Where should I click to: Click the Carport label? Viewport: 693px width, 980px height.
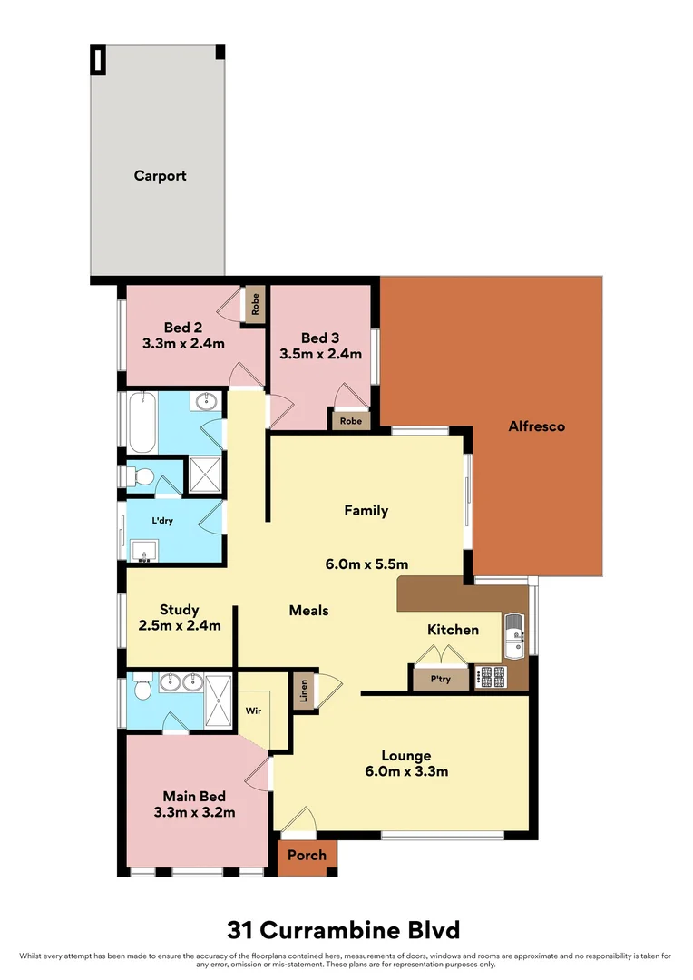(160, 176)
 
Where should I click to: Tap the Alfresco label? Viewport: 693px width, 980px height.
(536, 426)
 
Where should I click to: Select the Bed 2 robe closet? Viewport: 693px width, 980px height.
(256, 304)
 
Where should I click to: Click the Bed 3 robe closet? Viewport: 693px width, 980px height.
(349, 421)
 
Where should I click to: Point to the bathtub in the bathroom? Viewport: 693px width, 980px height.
(143, 422)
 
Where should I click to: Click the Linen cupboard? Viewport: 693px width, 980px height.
(301, 692)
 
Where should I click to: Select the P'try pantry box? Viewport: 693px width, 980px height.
(440, 679)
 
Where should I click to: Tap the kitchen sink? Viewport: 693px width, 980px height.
(513, 635)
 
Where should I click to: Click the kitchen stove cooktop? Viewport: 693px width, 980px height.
(493, 676)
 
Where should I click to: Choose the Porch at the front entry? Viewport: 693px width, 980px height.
(307, 856)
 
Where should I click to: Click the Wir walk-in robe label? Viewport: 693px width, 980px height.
(253, 711)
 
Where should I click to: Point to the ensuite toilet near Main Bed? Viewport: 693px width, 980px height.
(142, 691)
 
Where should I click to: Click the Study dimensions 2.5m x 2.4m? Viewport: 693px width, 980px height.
(180, 625)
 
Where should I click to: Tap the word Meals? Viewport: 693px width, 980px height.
(308, 611)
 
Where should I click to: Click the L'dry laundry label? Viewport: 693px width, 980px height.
(162, 521)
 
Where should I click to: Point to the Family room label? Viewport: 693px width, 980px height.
(366, 511)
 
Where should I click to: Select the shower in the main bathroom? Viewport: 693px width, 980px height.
(203, 475)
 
